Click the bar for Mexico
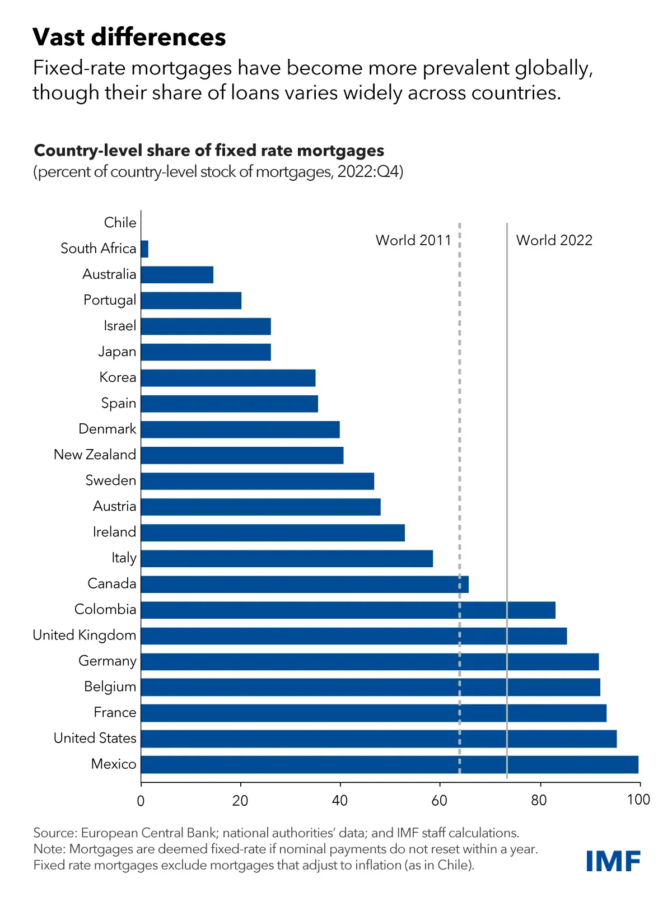389,764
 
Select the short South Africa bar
144,249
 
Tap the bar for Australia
177,275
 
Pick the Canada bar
304,584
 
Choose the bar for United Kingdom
353,636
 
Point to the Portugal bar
191,301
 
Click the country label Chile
120,223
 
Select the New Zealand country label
95,455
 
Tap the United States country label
95,738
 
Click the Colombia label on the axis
105,609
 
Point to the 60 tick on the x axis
440,800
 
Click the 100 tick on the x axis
638,800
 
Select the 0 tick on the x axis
141,800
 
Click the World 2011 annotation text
413,240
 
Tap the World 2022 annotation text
554,240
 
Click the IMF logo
613,861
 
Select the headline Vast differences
129,38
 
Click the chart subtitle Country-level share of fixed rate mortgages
209,151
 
